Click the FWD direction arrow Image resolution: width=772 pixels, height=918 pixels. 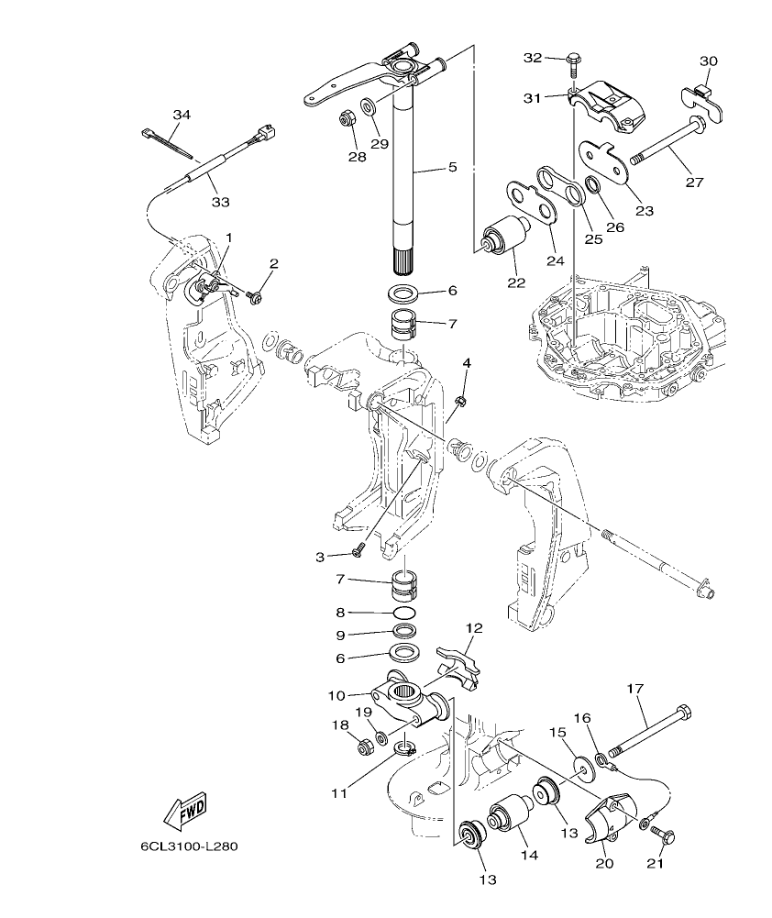tap(184, 810)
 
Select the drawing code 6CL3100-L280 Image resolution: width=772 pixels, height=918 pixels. tap(189, 846)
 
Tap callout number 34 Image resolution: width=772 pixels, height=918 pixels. tap(182, 115)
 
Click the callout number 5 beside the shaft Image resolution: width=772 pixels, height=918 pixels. tap(452, 167)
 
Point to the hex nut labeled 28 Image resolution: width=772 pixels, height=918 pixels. tap(347, 118)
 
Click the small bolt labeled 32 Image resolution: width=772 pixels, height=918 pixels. tap(573, 61)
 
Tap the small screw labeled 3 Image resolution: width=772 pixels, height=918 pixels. tap(358, 551)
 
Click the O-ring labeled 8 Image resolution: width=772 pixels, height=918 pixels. tap(403, 614)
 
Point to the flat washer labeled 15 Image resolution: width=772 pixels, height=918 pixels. tap(582, 767)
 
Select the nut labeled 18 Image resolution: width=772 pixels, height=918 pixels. tap(364, 744)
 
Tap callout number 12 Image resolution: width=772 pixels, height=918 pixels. tap(473, 629)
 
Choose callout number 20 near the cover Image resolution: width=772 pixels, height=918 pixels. tap(602, 863)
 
